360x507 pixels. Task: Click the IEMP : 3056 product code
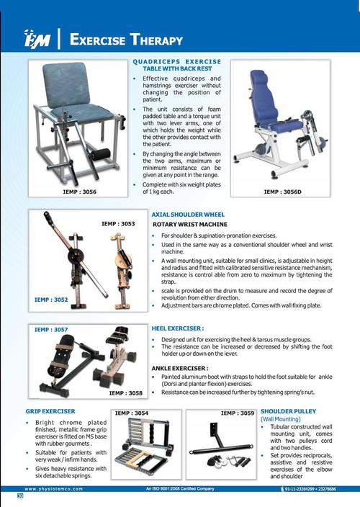click(x=79, y=192)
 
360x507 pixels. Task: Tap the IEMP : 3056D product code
click(x=282, y=192)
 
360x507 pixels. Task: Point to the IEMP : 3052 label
click(x=53, y=297)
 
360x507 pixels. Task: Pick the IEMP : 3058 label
click(x=126, y=392)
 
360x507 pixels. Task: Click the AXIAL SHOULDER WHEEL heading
click(x=188, y=215)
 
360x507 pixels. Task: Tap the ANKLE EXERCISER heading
click(x=180, y=368)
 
